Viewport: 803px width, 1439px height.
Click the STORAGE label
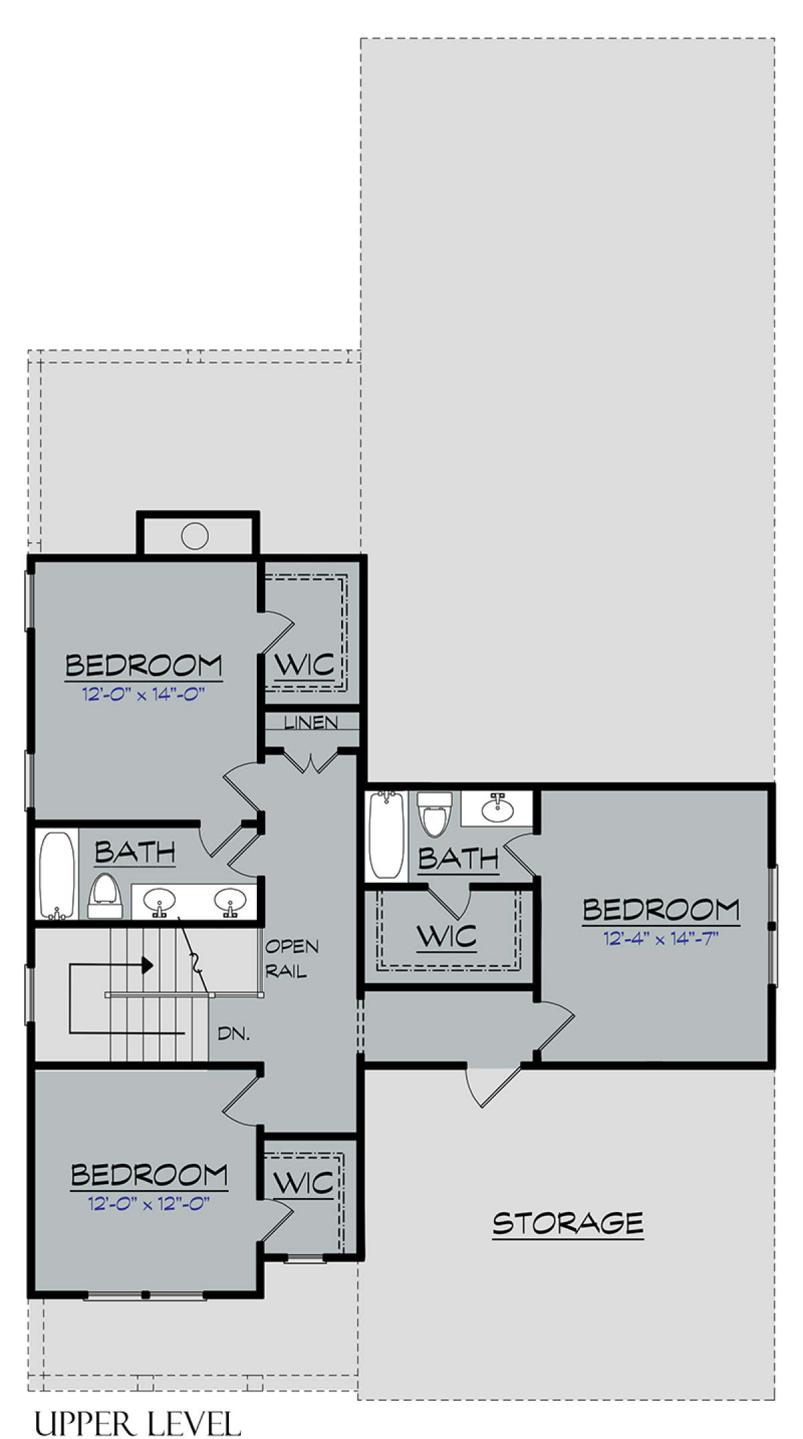[568, 1223]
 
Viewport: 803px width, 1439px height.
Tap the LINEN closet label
[311, 723]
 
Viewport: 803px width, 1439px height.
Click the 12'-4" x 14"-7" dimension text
[661, 939]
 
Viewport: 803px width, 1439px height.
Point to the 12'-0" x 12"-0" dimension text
[149, 1204]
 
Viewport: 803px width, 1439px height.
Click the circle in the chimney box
[195, 535]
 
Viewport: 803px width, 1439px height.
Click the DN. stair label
[234, 1034]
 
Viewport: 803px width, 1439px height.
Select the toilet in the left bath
[106, 896]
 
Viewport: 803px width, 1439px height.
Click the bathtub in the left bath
[57, 875]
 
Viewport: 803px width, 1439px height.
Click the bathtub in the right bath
[387, 835]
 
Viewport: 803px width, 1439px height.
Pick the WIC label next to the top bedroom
[304, 665]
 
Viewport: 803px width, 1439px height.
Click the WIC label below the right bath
[446, 936]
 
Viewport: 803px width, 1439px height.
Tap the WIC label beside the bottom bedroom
[303, 1184]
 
